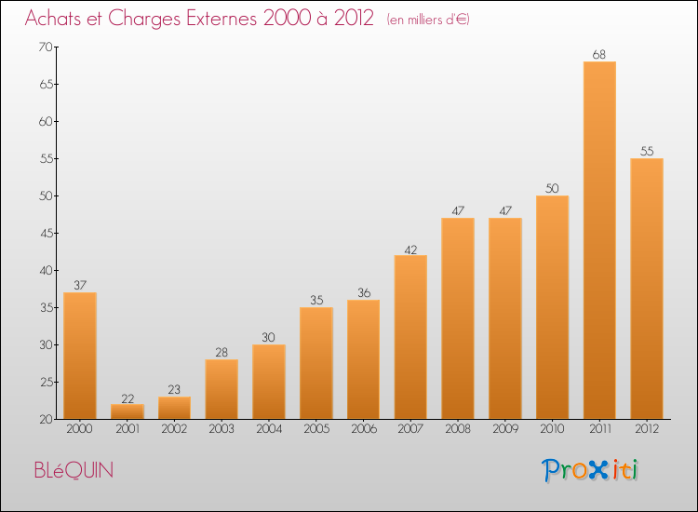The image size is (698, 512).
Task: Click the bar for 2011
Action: [599, 240]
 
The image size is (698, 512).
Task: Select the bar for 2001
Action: [128, 411]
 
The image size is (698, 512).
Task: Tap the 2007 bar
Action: [410, 337]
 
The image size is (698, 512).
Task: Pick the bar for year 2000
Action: [80, 356]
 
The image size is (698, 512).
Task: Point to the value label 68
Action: [599, 54]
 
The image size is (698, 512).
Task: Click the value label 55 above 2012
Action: [647, 152]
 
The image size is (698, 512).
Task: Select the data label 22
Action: [128, 399]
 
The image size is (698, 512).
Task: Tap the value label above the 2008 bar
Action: [458, 210]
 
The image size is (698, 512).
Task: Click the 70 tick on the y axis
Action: [46, 47]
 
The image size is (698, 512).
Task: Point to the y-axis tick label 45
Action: [47, 234]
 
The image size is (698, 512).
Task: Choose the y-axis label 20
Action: [46, 420]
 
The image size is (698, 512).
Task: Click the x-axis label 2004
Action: [269, 429]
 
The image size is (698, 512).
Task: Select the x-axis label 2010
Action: [552, 429]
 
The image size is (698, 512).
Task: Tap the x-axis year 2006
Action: [364, 429]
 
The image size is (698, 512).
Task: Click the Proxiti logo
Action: [590, 470]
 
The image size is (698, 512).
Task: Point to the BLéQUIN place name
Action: [74, 470]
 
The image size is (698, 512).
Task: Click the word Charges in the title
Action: [144, 19]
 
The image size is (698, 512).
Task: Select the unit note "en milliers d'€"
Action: [428, 20]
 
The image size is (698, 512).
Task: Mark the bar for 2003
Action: [221, 389]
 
